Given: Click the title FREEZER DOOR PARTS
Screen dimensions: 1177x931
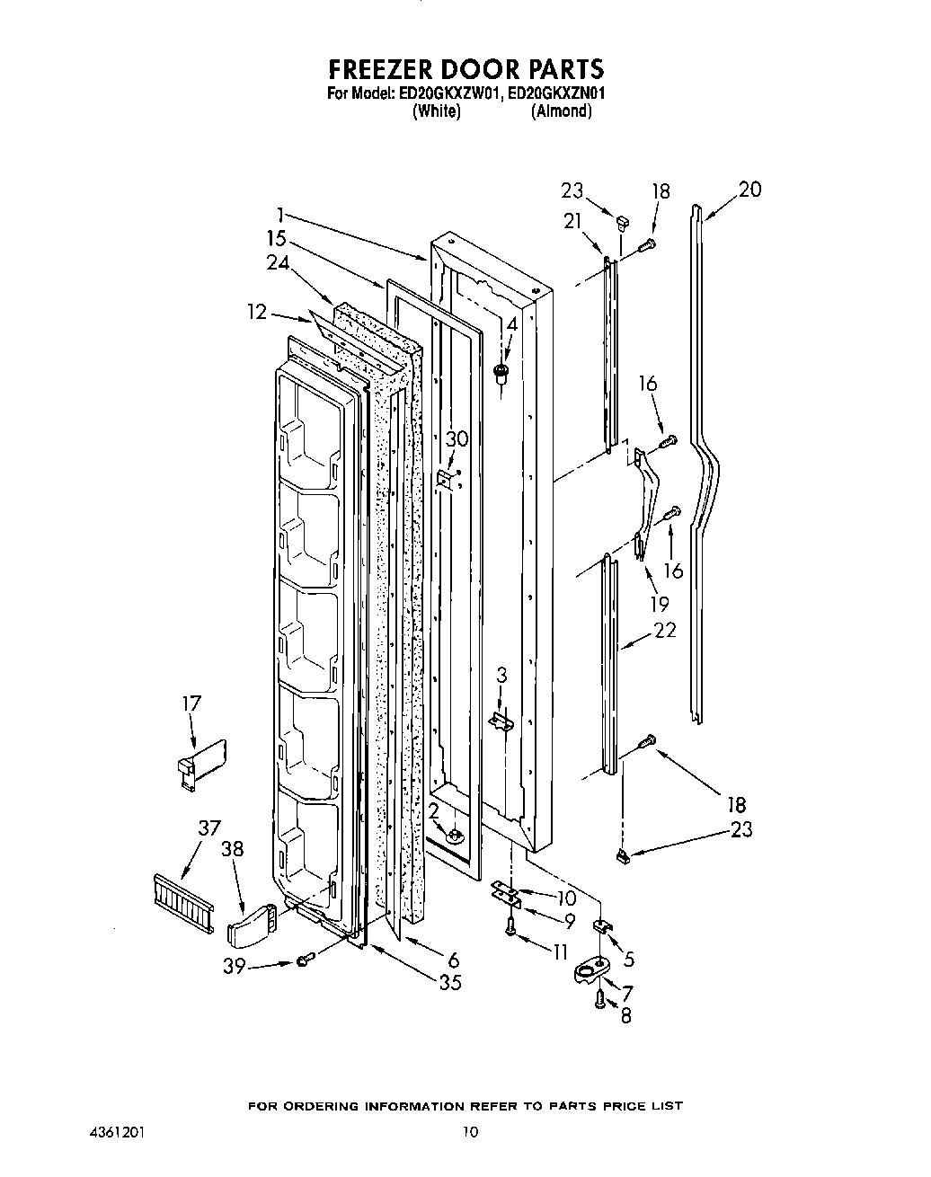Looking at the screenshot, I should (x=465, y=69).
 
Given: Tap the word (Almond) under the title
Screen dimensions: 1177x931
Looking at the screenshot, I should (x=561, y=111).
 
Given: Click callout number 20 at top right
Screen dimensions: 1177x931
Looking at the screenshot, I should (x=749, y=190).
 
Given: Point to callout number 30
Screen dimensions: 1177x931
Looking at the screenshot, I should (x=457, y=438).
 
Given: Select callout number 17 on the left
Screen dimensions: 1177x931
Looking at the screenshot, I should (x=192, y=703).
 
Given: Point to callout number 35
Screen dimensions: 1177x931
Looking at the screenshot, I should (x=449, y=982).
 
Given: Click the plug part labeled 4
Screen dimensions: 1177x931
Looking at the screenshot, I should (x=501, y=373).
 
